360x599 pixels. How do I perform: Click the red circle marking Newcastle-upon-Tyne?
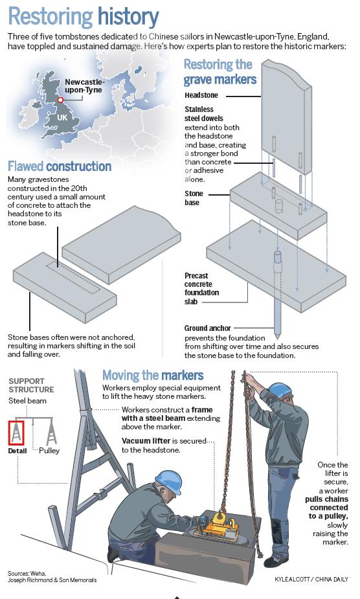click(60, 100)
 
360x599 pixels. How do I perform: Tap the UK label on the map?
click(62, 118)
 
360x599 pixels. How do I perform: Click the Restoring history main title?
click(84, 17)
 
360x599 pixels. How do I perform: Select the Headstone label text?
click(201, 95)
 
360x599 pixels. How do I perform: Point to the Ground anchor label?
click(207, 328)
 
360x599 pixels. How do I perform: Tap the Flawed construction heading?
click(60, 166)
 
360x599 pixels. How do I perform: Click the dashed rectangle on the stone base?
click(73, 278)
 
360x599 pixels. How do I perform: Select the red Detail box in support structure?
click(16, 433)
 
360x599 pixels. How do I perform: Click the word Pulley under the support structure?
click(49, 451)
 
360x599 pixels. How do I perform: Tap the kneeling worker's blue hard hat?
click(169, 481)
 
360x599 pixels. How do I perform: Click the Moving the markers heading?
click(153, 376)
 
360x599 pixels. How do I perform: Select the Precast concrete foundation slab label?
click(202, 288)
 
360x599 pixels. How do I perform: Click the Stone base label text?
click(194, 198)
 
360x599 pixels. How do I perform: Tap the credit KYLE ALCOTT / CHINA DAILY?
click(311, 579)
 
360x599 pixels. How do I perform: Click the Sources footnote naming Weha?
click(52, 576)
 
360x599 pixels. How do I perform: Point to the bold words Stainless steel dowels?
click(204, 114)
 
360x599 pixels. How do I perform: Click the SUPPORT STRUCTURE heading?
click(31, 385)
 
